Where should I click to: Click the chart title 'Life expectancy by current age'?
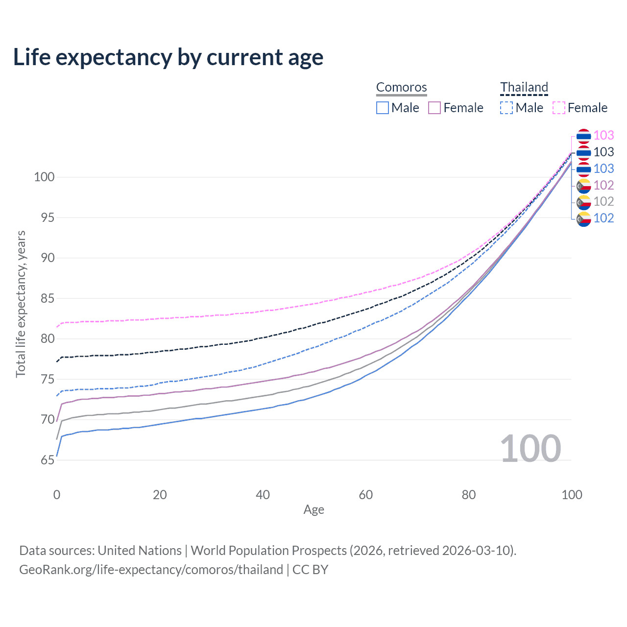168,57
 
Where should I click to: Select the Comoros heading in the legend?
401,87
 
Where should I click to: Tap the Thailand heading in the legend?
524,87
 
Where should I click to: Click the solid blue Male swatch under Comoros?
383,108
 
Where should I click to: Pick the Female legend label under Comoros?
463,108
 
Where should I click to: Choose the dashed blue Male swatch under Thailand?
506,108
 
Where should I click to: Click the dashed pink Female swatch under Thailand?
559,108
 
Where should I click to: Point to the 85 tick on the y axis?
44,298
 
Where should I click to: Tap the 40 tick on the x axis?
263,495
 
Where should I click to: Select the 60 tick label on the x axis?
366,495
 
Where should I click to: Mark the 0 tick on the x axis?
57,495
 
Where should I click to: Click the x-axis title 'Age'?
313,510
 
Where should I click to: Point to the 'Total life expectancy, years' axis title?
21,304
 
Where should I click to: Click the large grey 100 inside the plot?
530,449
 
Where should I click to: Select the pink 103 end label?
603,135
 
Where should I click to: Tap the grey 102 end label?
603,201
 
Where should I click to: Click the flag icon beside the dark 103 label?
583,152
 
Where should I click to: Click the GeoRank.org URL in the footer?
151,570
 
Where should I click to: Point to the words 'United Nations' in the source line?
140,551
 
